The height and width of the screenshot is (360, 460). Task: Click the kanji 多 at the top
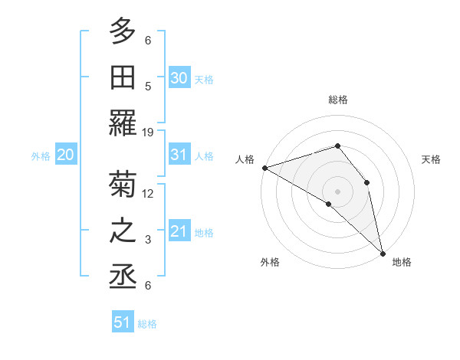click(123, 31)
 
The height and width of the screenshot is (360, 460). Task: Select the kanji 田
click(123, 77)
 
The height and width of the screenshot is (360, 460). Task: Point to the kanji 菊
click(123, 185)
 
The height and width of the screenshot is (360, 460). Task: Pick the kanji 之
click(123, 231)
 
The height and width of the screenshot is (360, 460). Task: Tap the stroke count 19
click(148, 133)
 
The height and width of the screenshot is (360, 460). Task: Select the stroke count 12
click(148, 193)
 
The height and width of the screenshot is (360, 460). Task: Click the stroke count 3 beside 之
click(148, 240)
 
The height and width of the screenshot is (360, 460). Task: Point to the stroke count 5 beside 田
click(148, 86)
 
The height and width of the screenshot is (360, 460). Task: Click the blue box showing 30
click(179, 77)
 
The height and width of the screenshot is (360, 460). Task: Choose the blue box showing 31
click(179, 155)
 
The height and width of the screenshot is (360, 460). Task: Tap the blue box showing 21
click(179, 231)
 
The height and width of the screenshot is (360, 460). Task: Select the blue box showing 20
click(65, 155)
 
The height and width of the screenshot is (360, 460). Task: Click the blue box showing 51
click(123, 322)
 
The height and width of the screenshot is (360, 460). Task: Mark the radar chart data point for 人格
click(264, 168)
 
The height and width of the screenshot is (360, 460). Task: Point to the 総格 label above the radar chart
click(338, 100)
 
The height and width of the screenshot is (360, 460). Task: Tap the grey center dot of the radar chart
click(338, 191)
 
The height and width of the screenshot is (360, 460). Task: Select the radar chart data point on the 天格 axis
click(367, 182)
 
